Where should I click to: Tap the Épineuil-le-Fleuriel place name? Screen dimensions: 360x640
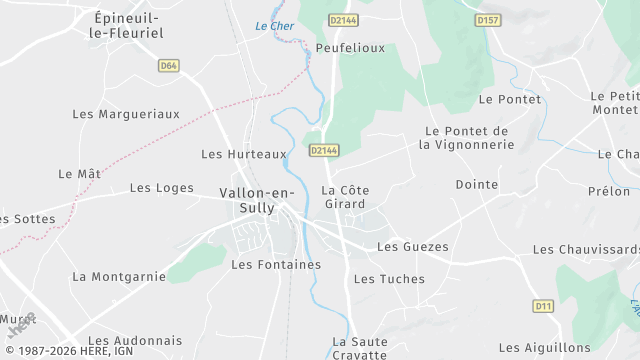(127, 25)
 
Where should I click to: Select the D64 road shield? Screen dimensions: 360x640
(168, 66)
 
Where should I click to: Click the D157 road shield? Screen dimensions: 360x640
(487, 19)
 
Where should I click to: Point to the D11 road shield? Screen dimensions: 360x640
(543, 306)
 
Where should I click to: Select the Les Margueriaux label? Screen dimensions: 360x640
(126, 114)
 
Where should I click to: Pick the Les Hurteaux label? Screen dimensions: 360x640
(244, 154)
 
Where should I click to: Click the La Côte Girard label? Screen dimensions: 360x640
(343, 196)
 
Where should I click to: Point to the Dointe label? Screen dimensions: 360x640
(476, 184)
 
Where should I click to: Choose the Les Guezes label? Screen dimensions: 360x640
(412, 246)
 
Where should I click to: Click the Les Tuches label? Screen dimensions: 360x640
(389, 279)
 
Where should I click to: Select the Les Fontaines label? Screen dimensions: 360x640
(276, 265)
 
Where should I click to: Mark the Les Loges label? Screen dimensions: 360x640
(161, 188)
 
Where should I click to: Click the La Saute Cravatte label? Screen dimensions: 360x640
(359, 348)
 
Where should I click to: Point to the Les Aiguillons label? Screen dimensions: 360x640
(544, 348)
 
